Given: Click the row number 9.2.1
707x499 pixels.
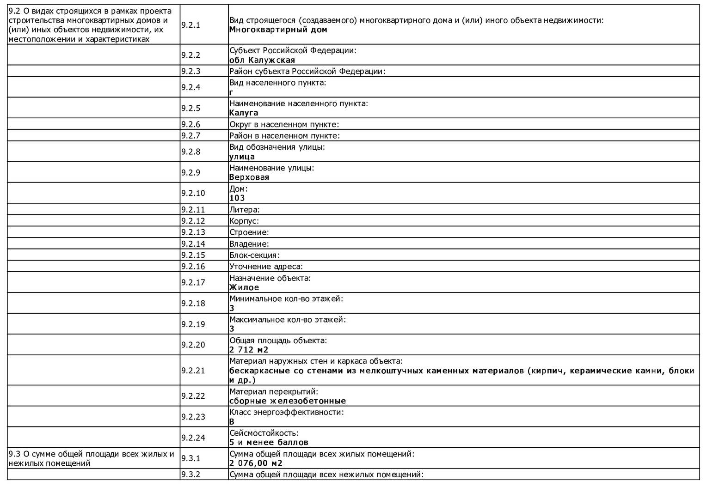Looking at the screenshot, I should (x=191, y=25).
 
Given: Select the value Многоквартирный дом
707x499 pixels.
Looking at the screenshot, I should (x=278, y=30).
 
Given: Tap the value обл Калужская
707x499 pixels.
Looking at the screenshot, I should (x=262, y=60).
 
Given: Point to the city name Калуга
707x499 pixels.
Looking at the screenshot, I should (x=244, y=113).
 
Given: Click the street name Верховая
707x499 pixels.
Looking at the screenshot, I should (x=249, y=177).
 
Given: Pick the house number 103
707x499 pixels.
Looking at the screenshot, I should (x=237, y=198).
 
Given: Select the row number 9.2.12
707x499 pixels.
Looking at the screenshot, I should (x=193, y=221).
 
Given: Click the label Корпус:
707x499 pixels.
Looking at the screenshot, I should (x=244, y=221).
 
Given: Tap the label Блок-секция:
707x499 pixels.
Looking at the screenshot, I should (x=254, y=255).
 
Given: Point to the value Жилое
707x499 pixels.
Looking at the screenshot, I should (x=244, y=287).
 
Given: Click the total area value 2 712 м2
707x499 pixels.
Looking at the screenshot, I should (x=249, y=350).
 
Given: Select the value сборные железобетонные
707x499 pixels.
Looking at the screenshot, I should (x=287, y=401).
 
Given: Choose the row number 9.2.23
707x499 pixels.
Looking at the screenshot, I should (x=193, y=417).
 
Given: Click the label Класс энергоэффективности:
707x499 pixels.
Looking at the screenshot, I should (x=287, y=412).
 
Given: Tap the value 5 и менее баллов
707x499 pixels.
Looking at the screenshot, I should (x=269, y=442).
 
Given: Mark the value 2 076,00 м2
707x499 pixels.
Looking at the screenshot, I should (x=256, y=463).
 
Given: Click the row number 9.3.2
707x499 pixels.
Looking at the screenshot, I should (x=191, y=475).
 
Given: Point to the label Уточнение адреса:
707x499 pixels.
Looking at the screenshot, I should (x=266, y=267).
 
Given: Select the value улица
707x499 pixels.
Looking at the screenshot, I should (x=242, y=157).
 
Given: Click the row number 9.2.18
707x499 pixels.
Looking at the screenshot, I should (x=193, y=304).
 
